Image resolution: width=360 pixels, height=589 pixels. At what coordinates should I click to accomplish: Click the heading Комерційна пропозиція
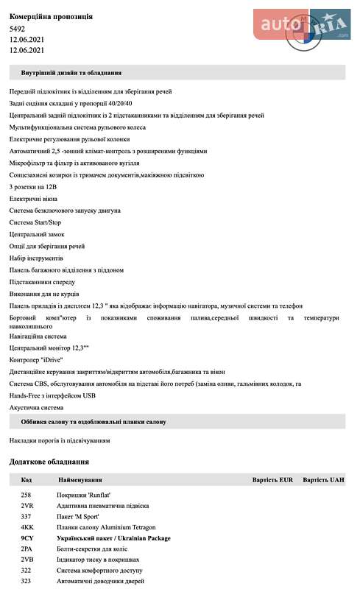pos(51,16)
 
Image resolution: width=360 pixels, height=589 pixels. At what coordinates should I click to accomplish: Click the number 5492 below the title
pos(17,29)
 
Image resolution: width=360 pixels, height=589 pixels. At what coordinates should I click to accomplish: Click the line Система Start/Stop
pos(35,222)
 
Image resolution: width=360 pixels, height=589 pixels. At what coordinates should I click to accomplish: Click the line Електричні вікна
pos(34,199)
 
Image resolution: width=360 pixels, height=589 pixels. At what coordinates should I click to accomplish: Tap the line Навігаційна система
pos(38,336)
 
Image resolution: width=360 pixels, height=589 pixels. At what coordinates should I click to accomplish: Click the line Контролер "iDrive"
pos(36,359)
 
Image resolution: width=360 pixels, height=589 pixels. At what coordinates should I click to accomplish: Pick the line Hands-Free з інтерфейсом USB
pos(52,395)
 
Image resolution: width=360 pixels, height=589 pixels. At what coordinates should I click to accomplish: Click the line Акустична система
pos(36,406)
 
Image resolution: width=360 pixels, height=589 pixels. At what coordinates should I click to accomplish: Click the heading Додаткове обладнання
pos(49,462)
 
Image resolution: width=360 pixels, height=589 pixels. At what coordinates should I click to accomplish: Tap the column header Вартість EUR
pos(272,480)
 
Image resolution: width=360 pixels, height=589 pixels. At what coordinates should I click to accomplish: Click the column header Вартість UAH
pos(323,480)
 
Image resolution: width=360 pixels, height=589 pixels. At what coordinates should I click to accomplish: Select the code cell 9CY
pos(27,538)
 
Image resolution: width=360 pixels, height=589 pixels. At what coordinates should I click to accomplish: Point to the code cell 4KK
pos(27,527)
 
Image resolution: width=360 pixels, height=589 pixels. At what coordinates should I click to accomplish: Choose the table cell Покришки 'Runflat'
pos(82,495)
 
